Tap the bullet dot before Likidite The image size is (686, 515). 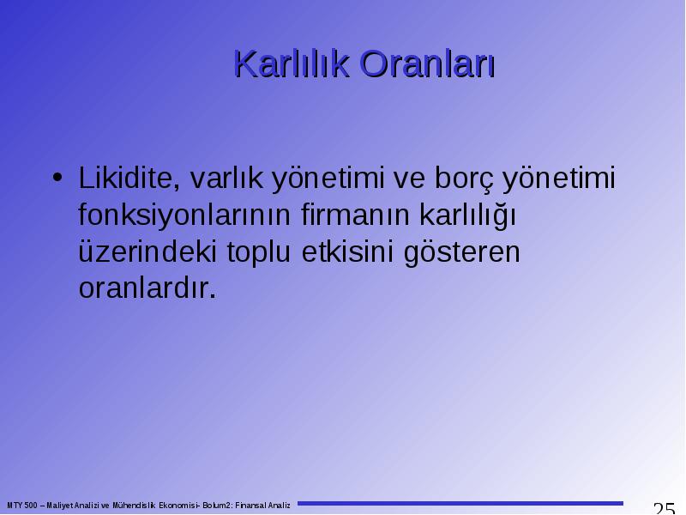[57, 178]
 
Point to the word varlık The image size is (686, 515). [226, 178]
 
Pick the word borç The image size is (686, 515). [464, 179]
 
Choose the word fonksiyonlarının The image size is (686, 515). [184, 215]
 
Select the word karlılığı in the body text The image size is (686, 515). [467, 215]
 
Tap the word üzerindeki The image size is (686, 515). [147, 251]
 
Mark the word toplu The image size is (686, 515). [259, 252]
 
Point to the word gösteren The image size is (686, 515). [461, 252]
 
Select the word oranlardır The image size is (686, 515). [147, 288]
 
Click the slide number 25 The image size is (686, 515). [664, 509]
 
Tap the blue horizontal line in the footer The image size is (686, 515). [460, 504]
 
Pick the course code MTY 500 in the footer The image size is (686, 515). [22, 506]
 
